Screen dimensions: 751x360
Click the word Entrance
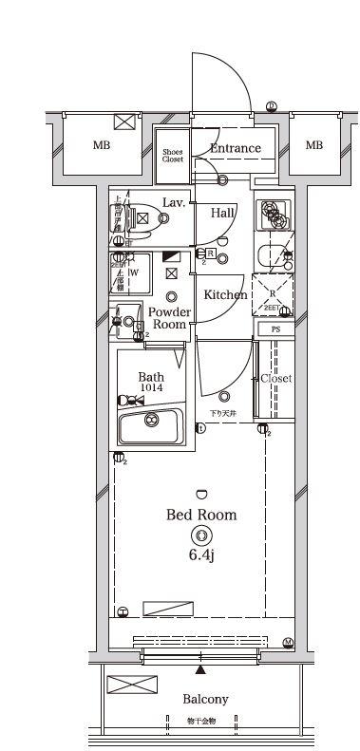pos(235,148)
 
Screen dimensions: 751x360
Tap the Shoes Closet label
pos(172,157)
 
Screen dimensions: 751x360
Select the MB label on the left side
pos(101,145)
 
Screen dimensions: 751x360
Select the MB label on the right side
pos(313,145)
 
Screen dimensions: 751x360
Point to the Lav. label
pos(173,202)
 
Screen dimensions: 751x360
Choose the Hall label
pos(223,213)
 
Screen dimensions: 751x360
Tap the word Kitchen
pos(225,294)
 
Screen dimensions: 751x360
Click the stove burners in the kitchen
pos(275,216)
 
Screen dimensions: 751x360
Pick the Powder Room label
pos(170,318)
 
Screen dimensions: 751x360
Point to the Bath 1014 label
pos(151,382)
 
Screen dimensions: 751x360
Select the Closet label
pos(276,378)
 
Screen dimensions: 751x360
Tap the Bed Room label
pos(201,515)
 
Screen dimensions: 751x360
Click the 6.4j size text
pos(200,554)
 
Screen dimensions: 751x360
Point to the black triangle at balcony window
pos(200,670)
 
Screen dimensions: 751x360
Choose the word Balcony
pos(205,699)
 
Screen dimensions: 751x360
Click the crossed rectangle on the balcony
pos(124,685)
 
